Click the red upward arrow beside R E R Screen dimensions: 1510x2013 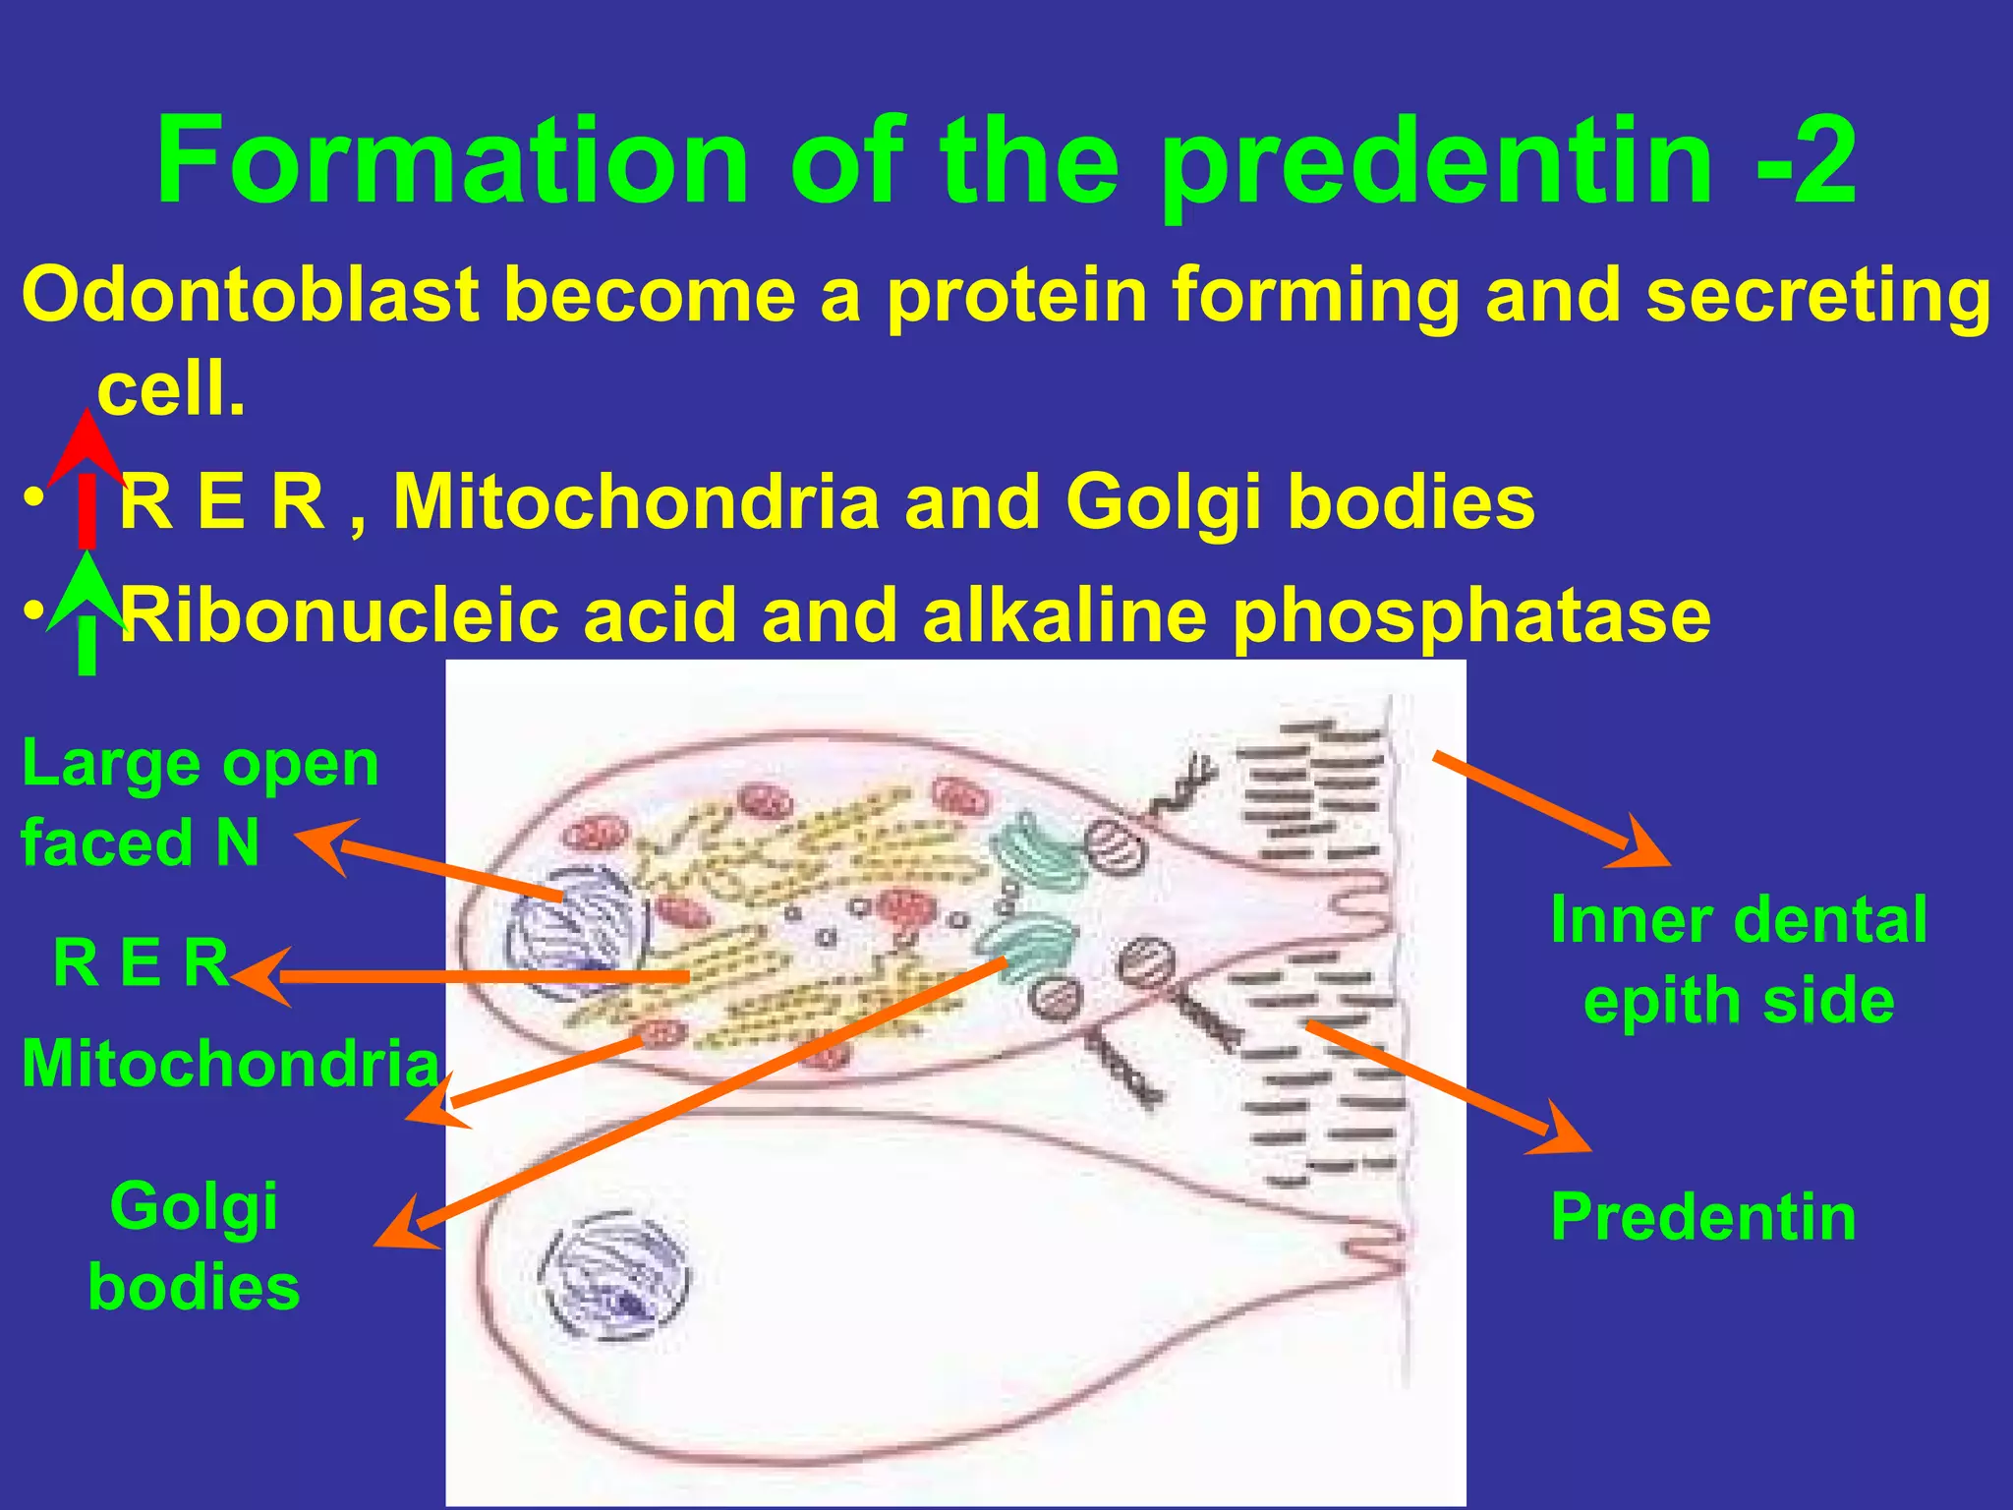coord(86,477)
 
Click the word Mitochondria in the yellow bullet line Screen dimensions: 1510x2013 coord(635,502)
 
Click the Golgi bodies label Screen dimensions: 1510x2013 coord(194,1246)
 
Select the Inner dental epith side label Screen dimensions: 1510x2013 coord(1738,960)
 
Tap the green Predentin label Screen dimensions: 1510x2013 coord(1703,1217)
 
